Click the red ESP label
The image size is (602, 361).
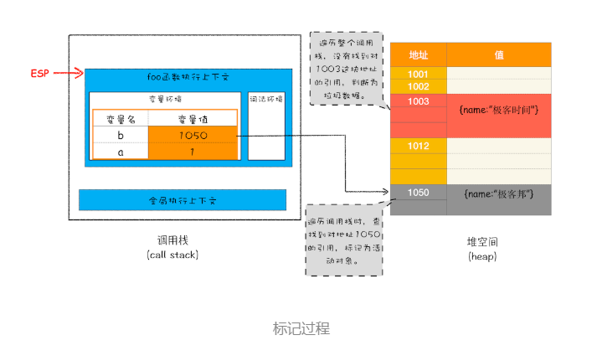pyautogui.click(x=39, y=74)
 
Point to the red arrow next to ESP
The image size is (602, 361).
pyautogui.click(x=69, y=74)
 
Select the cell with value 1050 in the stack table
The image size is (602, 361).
pyautogui.click(x=193, y=136)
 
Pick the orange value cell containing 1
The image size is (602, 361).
pyautogui.click(x=193, y=151)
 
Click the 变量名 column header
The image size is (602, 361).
pyautogui.click(x=120, y=120)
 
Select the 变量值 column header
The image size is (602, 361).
pyautogui.click(x=193, y=120)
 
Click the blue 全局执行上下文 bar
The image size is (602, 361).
pyautogui.click(x=183, y=200)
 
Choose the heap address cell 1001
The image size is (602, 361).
pyautogui.click(x=418, y=74)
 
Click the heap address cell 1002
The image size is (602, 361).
pyautogui.click(x=418, y=86)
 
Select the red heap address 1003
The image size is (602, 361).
pyautogui.click(x=418, y=101)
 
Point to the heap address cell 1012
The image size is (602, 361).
pyautogui.click(x=418, y=146)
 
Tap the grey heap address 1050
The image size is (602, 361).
pyautogui.click(x=418, y=193)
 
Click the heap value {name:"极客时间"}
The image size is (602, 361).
pyautogui.click(x=499, y=110)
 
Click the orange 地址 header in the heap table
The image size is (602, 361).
pyautogui.click(x=418, y=54)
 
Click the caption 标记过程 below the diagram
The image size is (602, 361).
pyautogui.click(x=301, y=328)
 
